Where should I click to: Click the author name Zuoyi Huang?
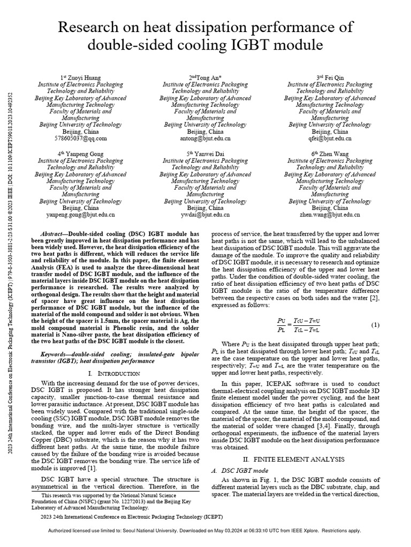83,77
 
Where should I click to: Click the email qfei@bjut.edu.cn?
329,138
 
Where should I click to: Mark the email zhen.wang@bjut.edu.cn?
329,214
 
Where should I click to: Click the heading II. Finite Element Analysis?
296,459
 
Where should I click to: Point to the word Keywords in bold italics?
58,354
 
